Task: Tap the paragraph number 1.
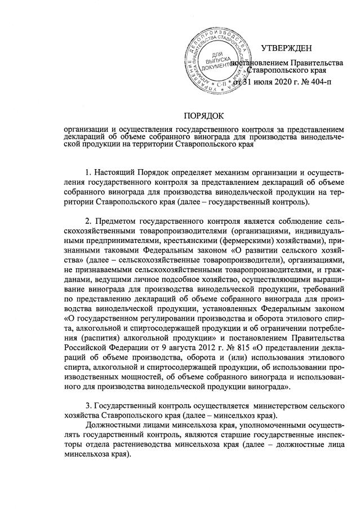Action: pos(87,171)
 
